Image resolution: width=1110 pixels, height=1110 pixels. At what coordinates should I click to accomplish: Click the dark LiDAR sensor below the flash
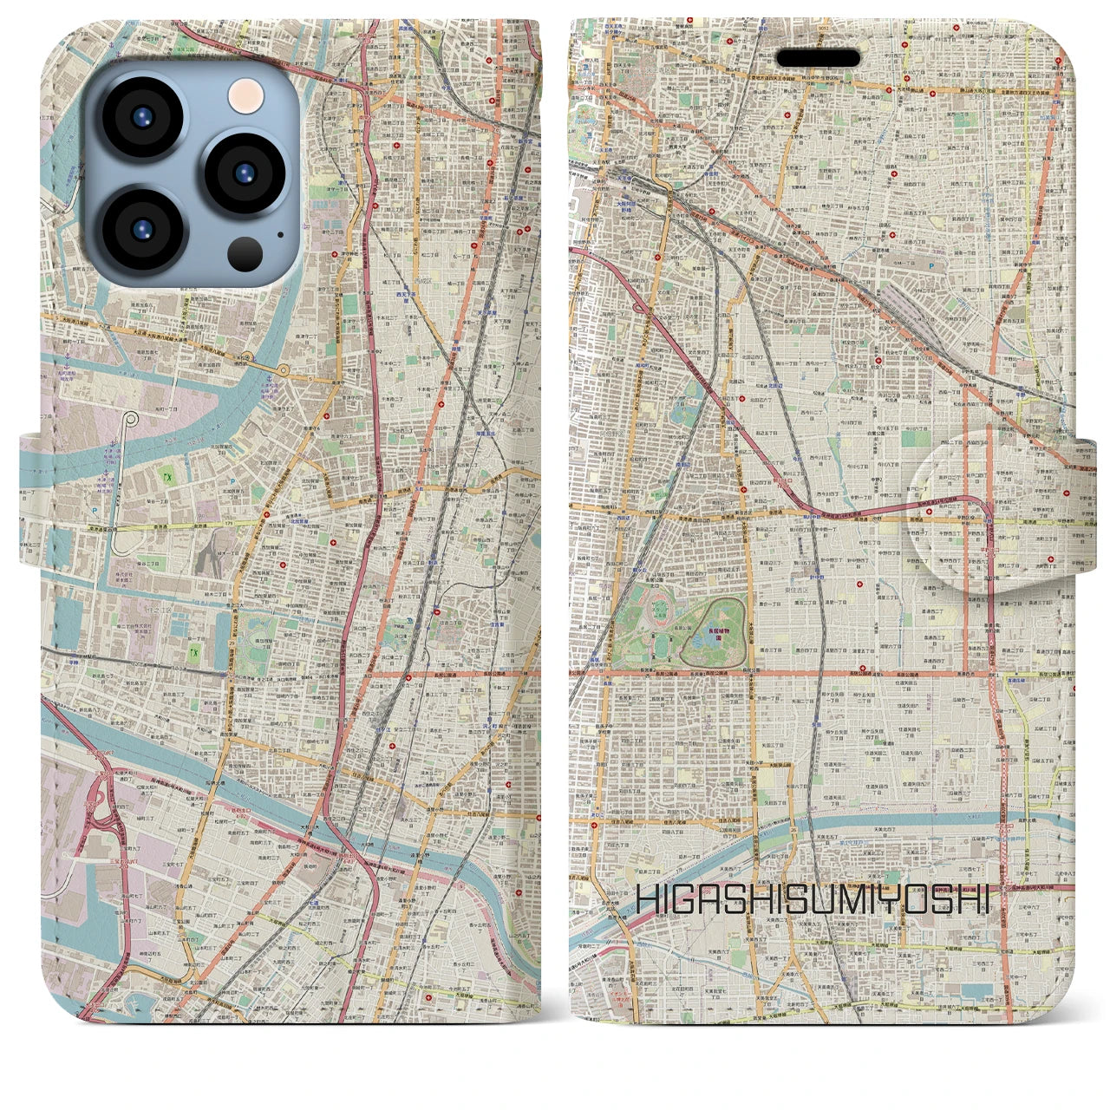245,254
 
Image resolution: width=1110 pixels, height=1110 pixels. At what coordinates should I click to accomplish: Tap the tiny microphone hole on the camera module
279,233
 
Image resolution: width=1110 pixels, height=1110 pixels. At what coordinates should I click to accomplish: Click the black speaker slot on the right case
818,58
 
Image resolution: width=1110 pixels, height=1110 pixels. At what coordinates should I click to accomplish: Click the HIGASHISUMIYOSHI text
813,898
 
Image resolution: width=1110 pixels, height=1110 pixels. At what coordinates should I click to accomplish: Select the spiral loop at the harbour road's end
131,420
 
